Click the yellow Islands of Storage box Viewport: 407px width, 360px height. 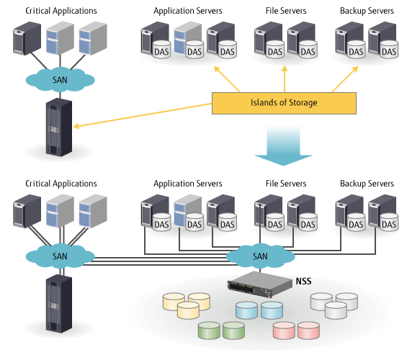coord(284,103)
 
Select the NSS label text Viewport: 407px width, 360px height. coord(304,279)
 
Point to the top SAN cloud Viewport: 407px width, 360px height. coord(61,79)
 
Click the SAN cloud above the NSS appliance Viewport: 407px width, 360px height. coord(259,256)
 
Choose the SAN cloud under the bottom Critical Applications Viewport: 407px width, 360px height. coord(61,256)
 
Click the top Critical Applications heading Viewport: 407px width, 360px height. coord(61,12)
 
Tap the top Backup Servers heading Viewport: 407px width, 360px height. coord(367,12)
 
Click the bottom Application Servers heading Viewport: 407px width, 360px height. coord(188,184)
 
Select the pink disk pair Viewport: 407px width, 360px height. coord(295,330)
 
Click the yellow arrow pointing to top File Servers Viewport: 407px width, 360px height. coord(285,79)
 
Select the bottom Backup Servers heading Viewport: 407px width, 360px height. coord(367,184)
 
